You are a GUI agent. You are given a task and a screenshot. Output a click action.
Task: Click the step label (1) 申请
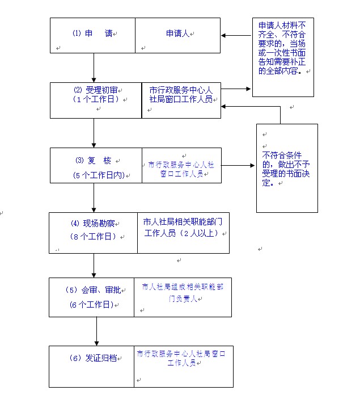click(92, 33)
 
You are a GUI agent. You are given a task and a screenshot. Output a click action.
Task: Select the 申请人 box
click(177, 34)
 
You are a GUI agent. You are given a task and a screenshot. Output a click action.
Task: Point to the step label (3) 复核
click(94, 160)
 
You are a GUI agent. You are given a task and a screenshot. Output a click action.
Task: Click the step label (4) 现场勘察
click(93, 223)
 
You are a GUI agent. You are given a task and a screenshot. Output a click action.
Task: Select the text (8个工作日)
click(92, 236)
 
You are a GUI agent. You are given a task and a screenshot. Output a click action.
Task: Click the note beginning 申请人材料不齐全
click(282, 49)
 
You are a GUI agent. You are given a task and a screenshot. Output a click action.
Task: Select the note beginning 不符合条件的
click(286, 169)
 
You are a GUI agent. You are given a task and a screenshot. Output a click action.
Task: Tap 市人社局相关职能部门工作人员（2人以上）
click(184, 227)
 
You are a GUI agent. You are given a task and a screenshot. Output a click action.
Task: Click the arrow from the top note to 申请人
click(236, 35)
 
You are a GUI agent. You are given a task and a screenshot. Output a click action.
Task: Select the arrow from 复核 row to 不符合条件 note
click(239, 166)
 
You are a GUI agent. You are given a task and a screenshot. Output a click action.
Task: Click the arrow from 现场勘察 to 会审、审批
click(94, 265)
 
